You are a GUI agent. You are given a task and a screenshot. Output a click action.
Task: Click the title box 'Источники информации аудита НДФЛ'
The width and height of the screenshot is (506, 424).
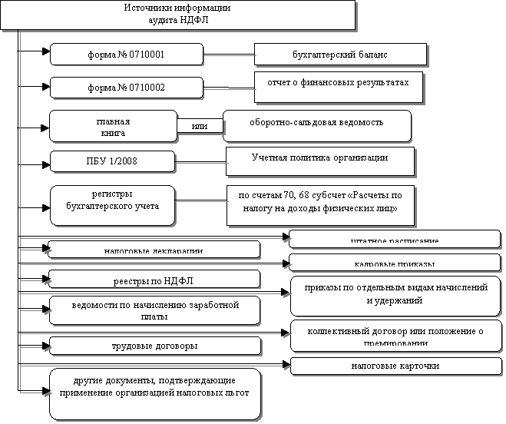(x=177, y=15)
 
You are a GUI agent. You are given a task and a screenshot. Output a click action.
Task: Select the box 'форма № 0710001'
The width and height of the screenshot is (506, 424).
(x=127, y=55)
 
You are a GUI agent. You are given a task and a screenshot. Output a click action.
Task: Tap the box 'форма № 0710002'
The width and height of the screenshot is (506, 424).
(x=127, y=87)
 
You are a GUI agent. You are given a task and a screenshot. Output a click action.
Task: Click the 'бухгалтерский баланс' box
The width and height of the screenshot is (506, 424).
(x=340, y=55)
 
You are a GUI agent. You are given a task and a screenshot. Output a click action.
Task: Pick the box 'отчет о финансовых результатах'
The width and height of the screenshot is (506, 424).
(x=338, y=86)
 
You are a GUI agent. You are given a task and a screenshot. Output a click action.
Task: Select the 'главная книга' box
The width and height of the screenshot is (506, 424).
(x=113, y=127)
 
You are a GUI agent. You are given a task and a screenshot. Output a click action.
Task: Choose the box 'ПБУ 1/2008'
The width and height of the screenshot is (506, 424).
(x=112, y=161)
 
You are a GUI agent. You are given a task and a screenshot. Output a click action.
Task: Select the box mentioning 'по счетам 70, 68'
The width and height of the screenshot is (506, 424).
(x=319, y=204)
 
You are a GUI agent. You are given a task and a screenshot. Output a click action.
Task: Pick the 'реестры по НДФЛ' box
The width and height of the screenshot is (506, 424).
(x=154, y=277)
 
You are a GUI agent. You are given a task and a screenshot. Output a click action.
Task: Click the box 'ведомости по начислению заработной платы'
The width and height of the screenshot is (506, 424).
(x=154, y=310)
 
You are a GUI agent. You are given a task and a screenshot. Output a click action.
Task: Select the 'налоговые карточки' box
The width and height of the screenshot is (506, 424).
(x=395, y=366)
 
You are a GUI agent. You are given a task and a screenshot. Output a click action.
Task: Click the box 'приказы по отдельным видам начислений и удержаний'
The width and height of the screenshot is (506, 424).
(x=395, y=295)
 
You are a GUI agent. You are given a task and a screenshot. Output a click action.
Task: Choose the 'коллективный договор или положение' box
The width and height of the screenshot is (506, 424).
(x=395, y=336)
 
